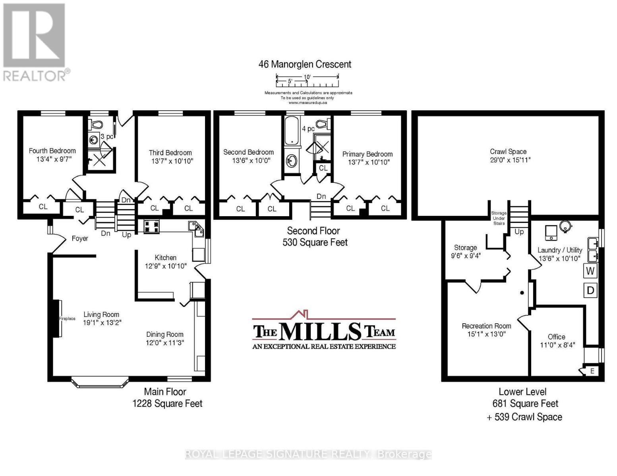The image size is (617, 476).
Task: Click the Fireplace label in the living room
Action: pos(67,319)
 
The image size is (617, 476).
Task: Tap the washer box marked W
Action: pos(590,271)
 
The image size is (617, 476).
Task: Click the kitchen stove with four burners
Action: pos(151,226)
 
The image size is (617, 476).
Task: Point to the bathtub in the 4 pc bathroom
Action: pos(292,132)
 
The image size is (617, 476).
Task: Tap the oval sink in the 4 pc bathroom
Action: pos(292,161)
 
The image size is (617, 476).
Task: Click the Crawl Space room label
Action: pos(508,152)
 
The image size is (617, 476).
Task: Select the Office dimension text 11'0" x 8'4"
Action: pos(557,345)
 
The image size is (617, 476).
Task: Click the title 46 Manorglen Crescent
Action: pos(305,64)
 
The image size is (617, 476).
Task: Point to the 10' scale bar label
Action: pos(307,77)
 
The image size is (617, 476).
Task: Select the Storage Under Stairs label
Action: pos(499,218)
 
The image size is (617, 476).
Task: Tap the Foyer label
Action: pos(80,238)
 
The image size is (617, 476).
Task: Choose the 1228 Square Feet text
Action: pos(168,403)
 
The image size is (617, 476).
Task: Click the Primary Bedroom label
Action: pos(367,154)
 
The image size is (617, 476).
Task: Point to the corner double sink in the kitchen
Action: pos(196,229)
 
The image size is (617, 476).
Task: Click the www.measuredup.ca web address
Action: pos(308,103)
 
